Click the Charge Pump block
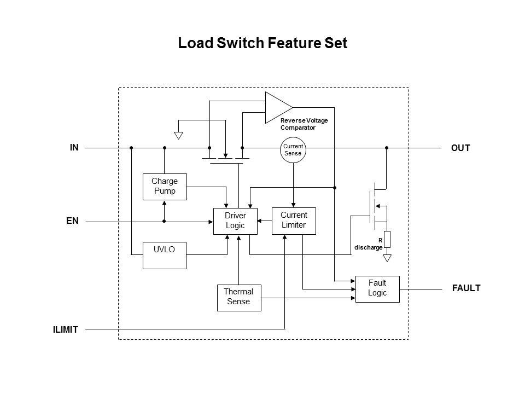164,187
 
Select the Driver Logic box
235,221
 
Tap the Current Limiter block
294,221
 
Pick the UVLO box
164,255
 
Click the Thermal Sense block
239,297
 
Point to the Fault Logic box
377,288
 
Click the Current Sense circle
293,149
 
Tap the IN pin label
74,147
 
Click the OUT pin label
460,148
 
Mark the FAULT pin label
466,288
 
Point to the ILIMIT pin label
66,329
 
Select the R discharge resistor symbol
387,239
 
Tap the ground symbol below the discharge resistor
387,257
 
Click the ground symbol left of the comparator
178,135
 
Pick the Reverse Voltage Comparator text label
304,124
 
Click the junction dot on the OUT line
387,148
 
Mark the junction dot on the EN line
164,221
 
